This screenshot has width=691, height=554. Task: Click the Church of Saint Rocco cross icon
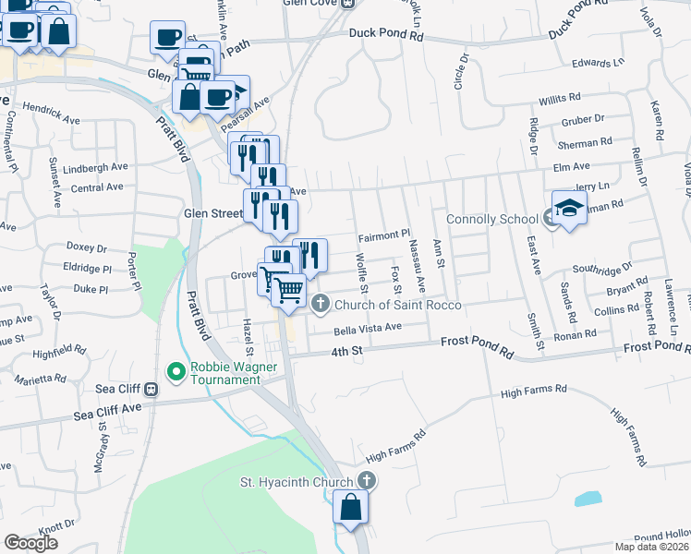(321, 303)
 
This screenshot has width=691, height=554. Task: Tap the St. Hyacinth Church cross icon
(367, 481)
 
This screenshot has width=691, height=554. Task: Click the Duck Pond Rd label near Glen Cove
(385, 35)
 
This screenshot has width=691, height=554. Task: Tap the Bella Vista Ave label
(368, 328)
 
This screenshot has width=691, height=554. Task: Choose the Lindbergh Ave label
(99, 167)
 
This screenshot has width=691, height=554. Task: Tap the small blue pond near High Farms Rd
(588, 500)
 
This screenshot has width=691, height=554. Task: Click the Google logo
(30, 543)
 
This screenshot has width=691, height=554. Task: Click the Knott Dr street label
(55, 525)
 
